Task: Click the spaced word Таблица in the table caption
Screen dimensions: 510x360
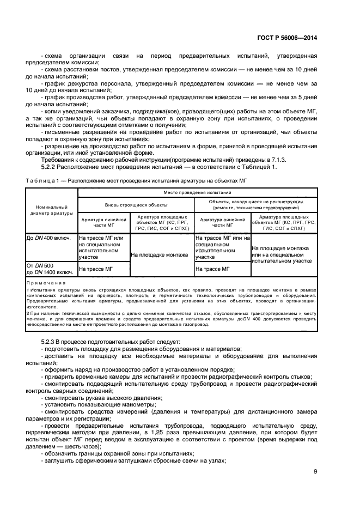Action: point(40,181)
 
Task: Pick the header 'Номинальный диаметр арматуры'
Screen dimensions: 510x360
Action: point(51,210)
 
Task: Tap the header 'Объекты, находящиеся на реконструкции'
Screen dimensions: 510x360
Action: point(255,201)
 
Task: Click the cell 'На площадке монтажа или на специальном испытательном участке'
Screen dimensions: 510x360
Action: point(282,254)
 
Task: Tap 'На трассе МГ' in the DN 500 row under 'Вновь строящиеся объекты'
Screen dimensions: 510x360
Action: point(96,269)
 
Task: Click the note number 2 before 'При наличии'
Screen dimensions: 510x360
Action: point(27,314)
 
